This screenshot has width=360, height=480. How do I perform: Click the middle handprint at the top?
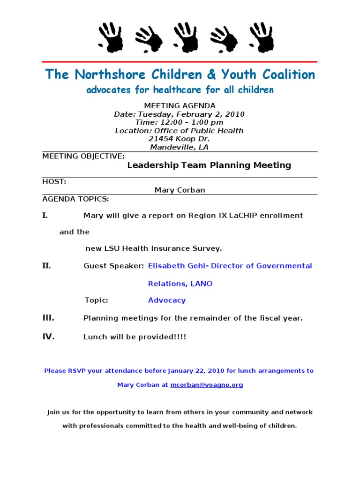coord(185,37)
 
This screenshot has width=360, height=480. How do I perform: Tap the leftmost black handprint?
coord(111,37)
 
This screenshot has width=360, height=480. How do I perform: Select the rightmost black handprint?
coord(262,37)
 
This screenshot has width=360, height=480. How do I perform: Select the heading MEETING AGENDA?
coord(180,106)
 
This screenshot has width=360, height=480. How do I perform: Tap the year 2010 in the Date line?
coord(234,114)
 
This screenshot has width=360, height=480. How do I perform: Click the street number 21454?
coord(161,139)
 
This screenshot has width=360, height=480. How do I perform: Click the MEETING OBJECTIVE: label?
coord(83,156)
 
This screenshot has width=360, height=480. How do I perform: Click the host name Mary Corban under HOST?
coord(180,190)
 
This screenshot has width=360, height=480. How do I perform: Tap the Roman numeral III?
coord(48,318)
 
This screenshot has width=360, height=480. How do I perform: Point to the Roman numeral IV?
coord(48,337)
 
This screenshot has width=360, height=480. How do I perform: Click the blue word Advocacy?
coord(167,300)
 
